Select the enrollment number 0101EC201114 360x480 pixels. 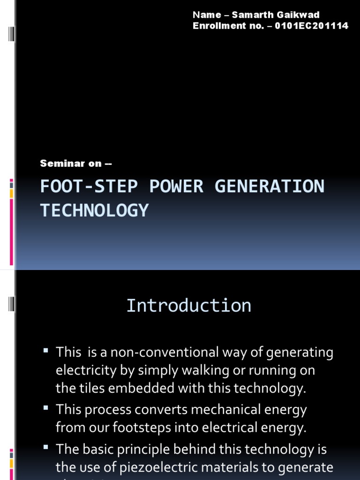click(x=312, y=26)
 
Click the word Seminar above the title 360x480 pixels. click(x=57, y=164)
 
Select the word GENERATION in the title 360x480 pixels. click(x=269, y=187)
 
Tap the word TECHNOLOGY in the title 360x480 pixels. click(x=94, y=210)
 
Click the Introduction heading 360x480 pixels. click(x=188, y=306)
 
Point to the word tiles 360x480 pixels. click(x=87, y=388)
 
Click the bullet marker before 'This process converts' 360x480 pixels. click(x=45, y=409)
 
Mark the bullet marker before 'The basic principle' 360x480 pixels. click(x=45, y=448)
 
